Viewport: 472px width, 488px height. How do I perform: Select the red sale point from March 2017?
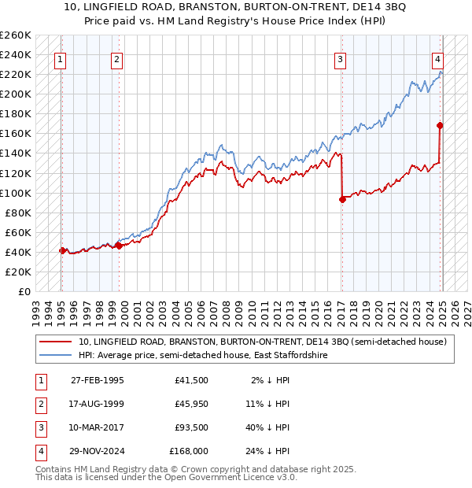342,199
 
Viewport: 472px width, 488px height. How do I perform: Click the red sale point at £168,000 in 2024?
440,125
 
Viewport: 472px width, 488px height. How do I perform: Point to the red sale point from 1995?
61,250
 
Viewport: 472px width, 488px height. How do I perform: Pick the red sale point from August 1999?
119,246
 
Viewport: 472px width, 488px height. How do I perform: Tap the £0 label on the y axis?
24,291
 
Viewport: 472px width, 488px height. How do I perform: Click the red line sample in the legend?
55,342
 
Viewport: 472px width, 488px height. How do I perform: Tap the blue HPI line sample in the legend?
55,356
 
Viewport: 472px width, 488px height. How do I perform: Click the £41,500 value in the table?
191,380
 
